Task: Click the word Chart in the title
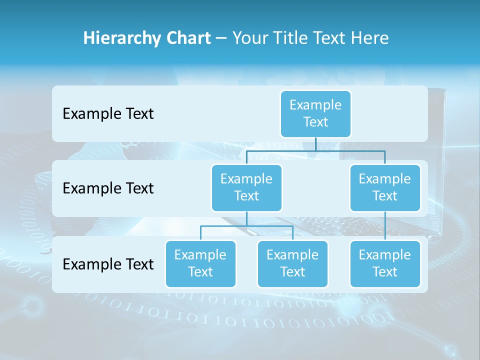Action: (x=187, y=38)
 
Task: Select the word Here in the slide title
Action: (x=369, y=38)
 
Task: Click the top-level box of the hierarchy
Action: (x=315, y=113)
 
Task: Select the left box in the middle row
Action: (x=246, y=187)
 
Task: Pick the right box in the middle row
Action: (x=385, y=187)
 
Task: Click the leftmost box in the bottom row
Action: (x=200, y=263)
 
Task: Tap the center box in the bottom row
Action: (x=292, y=263)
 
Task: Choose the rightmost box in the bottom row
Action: (x=385, y=263)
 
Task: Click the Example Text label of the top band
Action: (x=108, y=113)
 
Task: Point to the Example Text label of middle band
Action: (x=108, y=188)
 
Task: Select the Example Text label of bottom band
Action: (x=108, y=264)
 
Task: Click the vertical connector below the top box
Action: (x=315, y=144)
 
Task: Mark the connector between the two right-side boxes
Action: (x=385, y=226)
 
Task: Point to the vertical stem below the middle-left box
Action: (x=246, y=218)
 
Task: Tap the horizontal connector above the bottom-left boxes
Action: (x=246, y=226)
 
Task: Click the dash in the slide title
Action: (x=221, y=38)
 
